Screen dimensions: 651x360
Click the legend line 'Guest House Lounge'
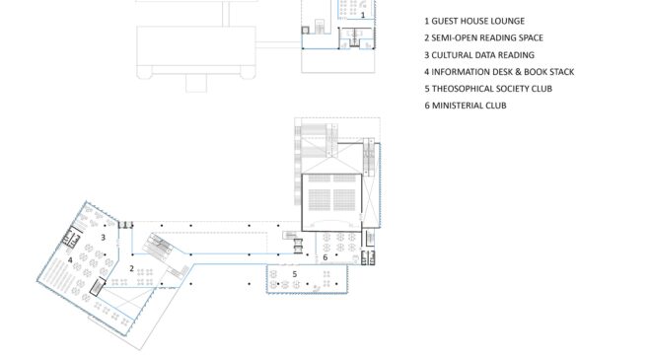click(x=474, y=21)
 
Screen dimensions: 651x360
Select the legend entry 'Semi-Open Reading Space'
click(x=483, y=37)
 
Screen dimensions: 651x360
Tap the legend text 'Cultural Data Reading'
click(x=479, y=55)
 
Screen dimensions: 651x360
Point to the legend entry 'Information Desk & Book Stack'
click(x=499, y=72)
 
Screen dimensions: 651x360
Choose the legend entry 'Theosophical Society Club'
click(x=488, y=89)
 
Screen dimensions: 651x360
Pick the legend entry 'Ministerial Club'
click(x=466, y=106)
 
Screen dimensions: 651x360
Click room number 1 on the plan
click(x=363, y=15)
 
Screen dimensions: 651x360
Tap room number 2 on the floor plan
click(x=131, y=268)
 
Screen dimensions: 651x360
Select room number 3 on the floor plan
click(x=103, y=237)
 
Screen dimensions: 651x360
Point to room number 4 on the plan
click(x=70, y=260)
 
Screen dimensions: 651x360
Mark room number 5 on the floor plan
click(x=295, y=274)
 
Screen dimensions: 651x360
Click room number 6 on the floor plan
click(x=325, y=257)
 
